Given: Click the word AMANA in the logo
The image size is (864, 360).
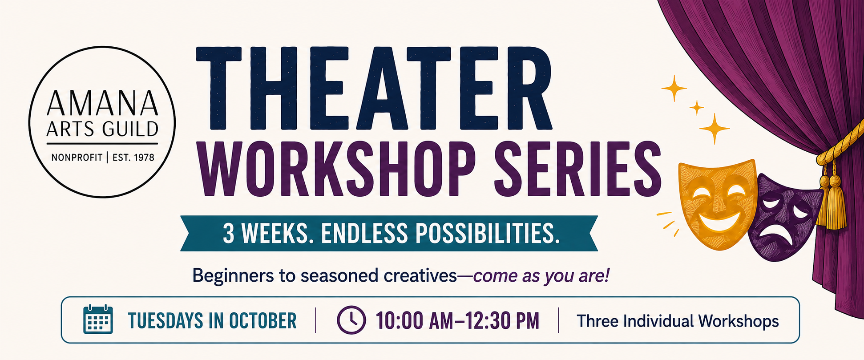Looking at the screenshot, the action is click(102, 103).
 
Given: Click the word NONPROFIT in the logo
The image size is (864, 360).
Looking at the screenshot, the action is click(77, 158).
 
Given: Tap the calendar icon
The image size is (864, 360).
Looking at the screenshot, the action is click(98, 320).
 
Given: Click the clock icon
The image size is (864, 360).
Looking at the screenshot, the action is click(351, 320).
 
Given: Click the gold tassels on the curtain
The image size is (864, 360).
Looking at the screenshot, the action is click(831, 200).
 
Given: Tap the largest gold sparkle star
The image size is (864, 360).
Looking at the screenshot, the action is click(715, 129).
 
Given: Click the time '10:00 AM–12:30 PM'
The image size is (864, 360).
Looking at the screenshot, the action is click(457, 321).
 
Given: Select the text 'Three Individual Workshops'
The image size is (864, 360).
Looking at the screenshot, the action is click(678, 321).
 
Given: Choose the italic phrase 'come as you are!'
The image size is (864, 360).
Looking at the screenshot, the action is click(541, 276).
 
